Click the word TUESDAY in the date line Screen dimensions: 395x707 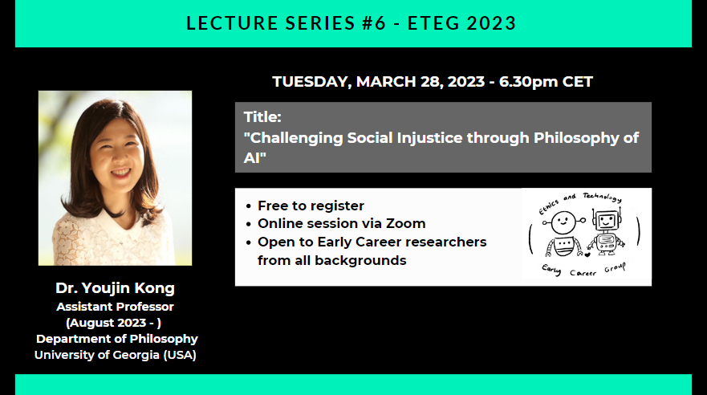[311, 82]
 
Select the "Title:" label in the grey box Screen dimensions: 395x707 [261, 117]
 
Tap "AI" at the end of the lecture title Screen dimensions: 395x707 [253, 157]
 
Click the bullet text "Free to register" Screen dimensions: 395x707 [311, 206]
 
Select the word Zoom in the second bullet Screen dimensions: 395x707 [408, 224]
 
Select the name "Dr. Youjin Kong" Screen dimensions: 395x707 [115, 288]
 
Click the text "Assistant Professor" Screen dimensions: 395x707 [115, 307]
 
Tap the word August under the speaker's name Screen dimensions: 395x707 [95, 323]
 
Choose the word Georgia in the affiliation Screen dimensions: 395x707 [134, 355]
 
